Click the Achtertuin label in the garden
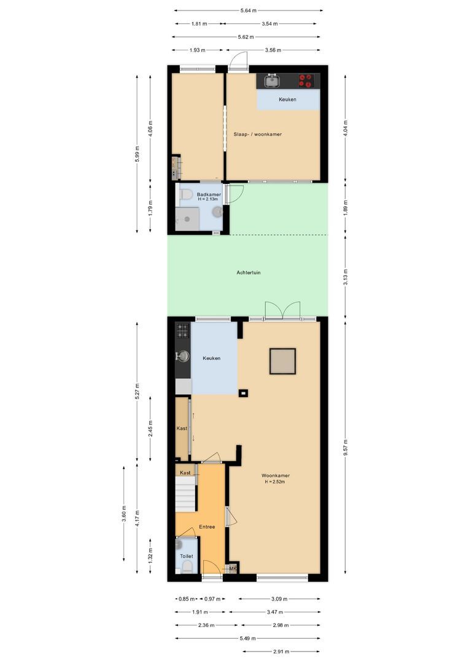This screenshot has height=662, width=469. [249, 273]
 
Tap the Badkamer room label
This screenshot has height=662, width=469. [196, 194]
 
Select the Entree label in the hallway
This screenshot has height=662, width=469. [206, 527]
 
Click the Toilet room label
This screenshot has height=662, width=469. [186, 556]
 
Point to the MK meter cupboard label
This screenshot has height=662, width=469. [233, 569]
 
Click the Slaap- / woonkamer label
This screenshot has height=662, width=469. [257, 134]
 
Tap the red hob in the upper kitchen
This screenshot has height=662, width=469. [306, 81]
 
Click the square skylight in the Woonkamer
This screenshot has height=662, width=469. [282, 361]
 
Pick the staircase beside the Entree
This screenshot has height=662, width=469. [186, 493]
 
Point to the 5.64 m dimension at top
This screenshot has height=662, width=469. [248, 10]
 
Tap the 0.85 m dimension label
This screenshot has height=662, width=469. [187, 599]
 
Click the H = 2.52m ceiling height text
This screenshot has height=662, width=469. [275, 482]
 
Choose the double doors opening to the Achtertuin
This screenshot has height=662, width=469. [282, 310]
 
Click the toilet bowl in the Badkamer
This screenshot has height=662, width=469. [185, 195]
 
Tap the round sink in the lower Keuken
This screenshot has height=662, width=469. [182, 356]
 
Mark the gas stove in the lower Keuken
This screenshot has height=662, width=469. [182, 331]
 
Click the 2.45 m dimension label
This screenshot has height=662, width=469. [150, 428]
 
